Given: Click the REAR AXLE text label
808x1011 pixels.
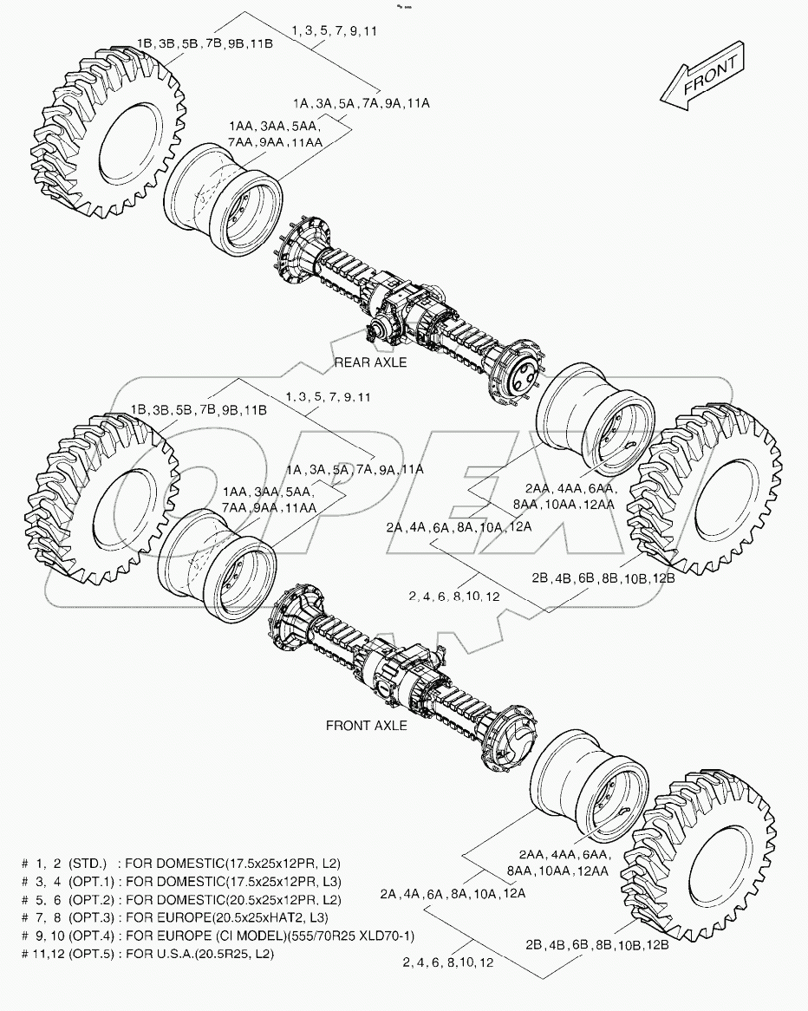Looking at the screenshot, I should coord(370,362).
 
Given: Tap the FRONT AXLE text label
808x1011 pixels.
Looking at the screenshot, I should coord(366,725).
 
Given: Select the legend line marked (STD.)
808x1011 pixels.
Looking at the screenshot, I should coord(181,864).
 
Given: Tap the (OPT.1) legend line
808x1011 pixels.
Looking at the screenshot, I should coord(181,882).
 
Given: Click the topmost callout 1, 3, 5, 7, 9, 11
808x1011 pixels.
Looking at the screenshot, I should coord(334,30).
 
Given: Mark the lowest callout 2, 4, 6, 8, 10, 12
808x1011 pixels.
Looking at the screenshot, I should coord(449,962).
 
